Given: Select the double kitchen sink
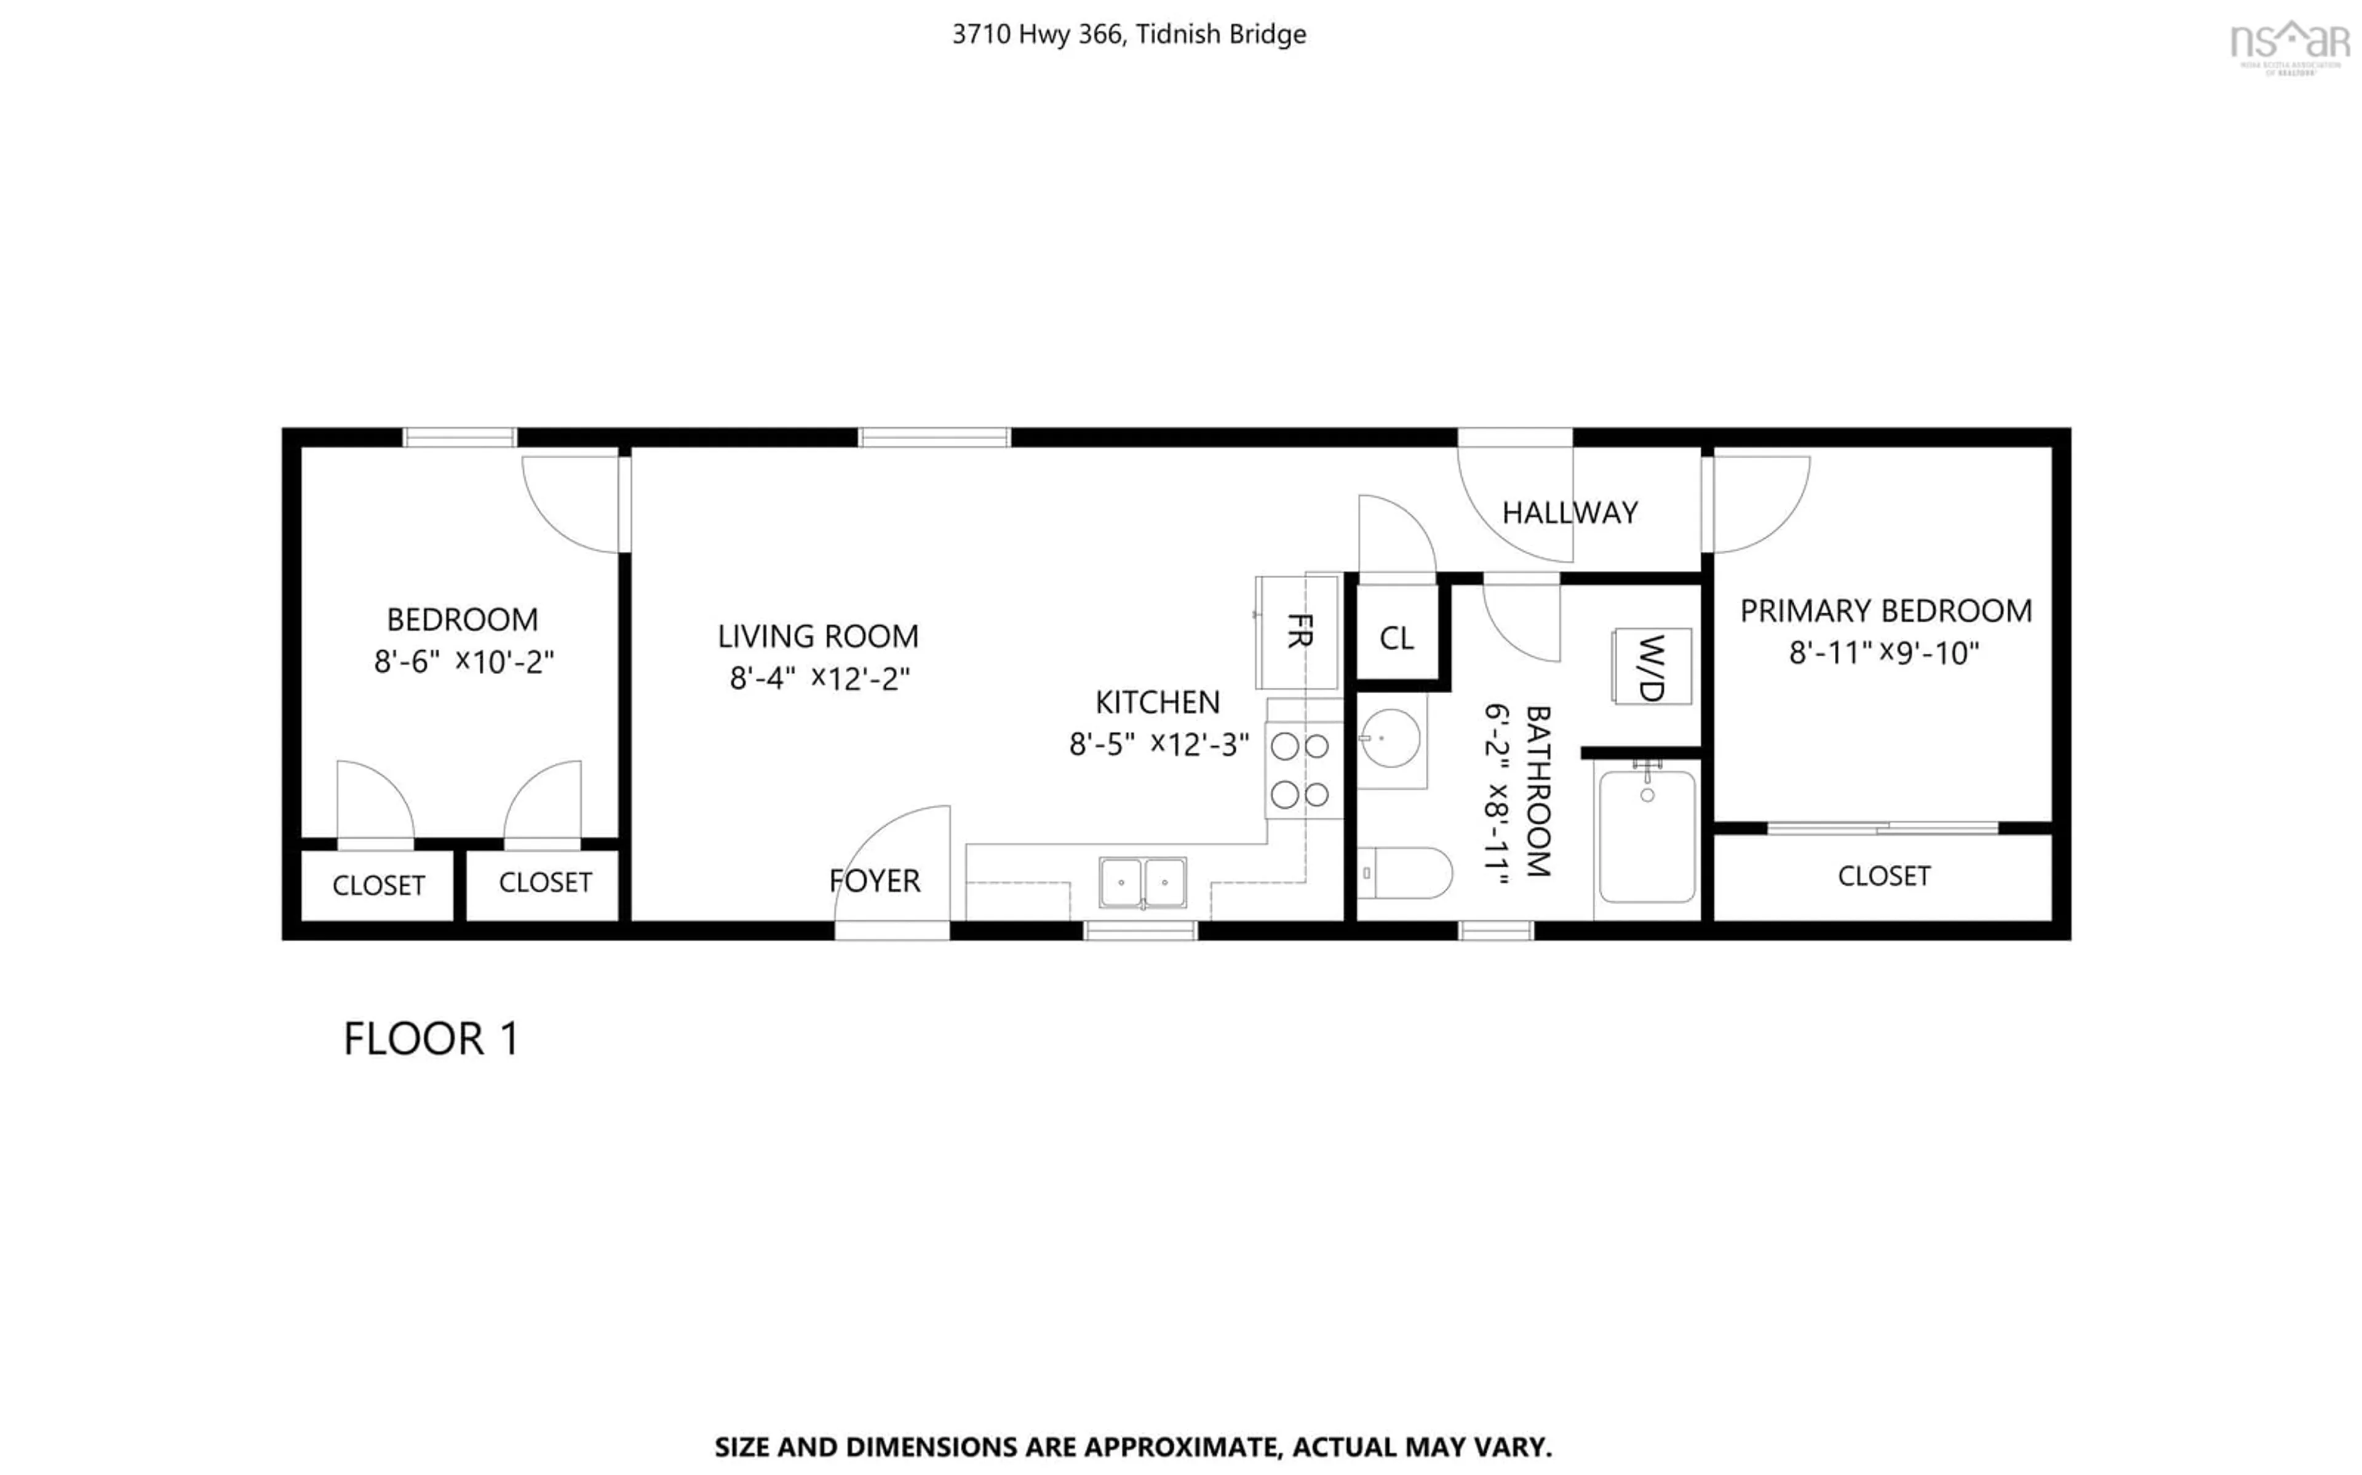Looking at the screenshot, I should pyautogui.click(x=1142, y=882).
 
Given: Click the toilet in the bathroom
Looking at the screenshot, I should pyautogui.click(x=1404, y=872).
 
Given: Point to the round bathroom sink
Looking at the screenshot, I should pyautogui.click(x=1391, y=739).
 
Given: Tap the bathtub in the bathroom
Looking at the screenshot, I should pyautogui.click(x=1647, y=836).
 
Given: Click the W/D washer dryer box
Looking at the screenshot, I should pyautogui.click(x=1650, y=666).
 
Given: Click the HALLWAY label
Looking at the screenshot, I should pyautogui.click(x=1569, y=513).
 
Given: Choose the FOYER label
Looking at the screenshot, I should pyautogui.click(x=874, y=881).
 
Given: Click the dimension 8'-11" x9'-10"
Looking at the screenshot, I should pyautogui.click(x=1883, y=653).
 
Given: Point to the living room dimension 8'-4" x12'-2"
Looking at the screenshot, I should pyautogui.click(x=819, y=678).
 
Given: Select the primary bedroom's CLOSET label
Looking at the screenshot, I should pyautogui.click(x=1883, y=876).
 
